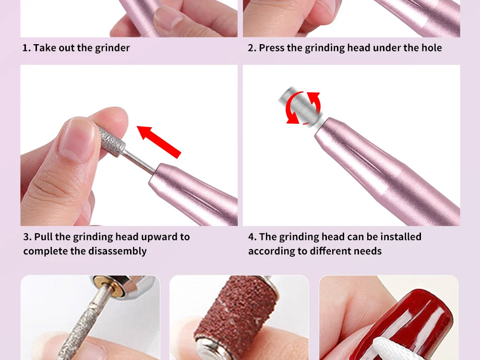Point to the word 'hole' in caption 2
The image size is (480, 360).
[x=431, y=48]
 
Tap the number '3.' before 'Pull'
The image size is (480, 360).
[x=27, y=237]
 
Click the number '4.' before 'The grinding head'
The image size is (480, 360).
[x=252, y=237]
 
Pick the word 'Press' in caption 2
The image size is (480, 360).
[x=272, y=48]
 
